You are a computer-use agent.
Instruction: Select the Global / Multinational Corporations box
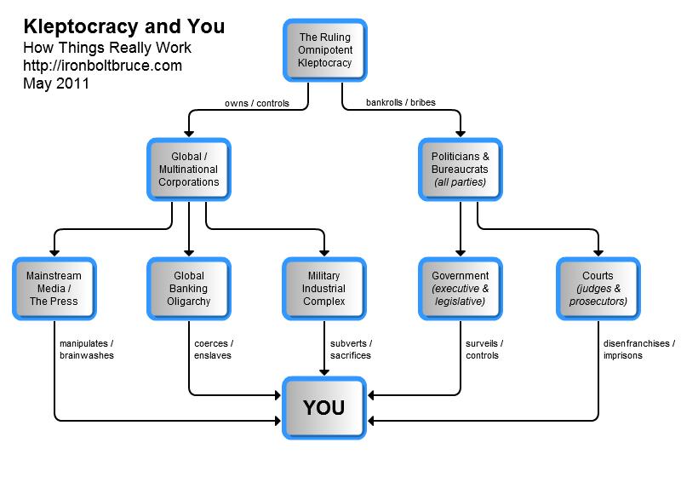[x=188, y=170]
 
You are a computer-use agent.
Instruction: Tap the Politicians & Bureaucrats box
[x=461, y=170]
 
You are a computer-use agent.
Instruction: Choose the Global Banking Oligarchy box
[x=188, y=289]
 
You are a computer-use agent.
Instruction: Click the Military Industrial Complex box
[x=324, y=289]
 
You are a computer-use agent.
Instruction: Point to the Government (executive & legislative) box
[x=461, y=289]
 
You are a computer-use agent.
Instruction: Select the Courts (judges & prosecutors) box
[x=597, y=289]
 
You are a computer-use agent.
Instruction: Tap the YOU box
[x=324, y=407]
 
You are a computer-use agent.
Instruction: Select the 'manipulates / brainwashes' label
[x=87, y=349]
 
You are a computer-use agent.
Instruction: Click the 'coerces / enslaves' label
[x=214, y=349]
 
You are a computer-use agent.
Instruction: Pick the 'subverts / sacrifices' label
[x=351, y=349]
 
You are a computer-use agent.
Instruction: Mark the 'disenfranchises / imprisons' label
[x=636, y=349]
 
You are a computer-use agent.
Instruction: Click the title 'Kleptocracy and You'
[x=123, y=26]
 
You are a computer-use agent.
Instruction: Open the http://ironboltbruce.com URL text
[x=102, y=66]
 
